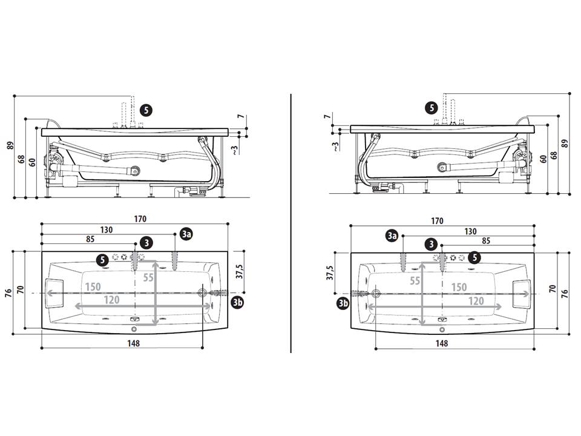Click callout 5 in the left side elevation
(146, 110)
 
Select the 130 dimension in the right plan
(470, 231)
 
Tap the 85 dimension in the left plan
(90, 239)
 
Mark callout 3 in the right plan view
(431, 243)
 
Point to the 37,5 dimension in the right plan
(330, 272)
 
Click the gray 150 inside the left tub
(93, 286)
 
